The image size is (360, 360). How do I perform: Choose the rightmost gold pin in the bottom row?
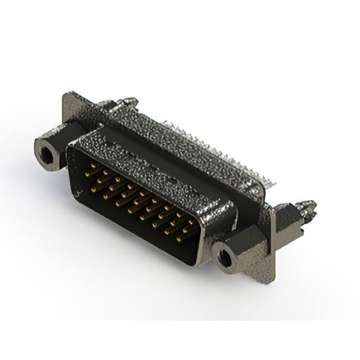click(x=180, y=238)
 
